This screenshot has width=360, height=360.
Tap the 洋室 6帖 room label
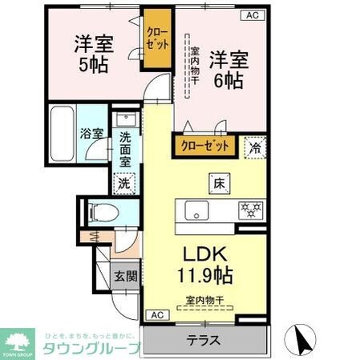click(x=227, y=69)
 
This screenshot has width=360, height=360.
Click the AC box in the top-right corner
click(x=252, y=15)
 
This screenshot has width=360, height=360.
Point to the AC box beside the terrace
click(x=156, y=314)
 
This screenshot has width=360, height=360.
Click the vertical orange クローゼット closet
click(x=156, y=38)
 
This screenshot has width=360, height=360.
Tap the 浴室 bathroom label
click(x=91, y=134)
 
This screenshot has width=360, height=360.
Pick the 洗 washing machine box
click(x=124, y=183)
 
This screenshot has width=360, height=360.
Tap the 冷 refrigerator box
click(x=255, y=148)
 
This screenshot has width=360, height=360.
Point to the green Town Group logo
click(x=17, y=342)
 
